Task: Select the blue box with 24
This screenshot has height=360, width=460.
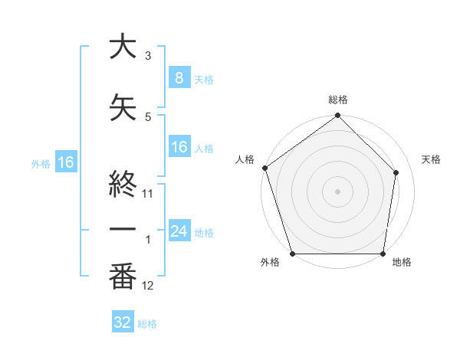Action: click(179, 231)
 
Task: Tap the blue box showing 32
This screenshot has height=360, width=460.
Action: click(123, 322)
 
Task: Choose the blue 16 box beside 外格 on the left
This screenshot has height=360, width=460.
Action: click(65, 162)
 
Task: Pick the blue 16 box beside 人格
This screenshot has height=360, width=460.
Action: click(179, 147)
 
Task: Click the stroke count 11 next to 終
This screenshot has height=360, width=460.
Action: click(148, 194)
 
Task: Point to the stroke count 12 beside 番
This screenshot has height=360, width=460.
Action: click(148, 286)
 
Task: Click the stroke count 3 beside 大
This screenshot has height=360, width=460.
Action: click(148, 56)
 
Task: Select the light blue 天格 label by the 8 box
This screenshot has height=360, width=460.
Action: click(204, 79)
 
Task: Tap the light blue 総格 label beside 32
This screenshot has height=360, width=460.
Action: click(147, 324)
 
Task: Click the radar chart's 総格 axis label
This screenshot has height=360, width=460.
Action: click(337, 100)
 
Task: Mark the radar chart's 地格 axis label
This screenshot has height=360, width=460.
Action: click(402, 263)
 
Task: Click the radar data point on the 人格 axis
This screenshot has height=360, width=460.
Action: click(264, 169)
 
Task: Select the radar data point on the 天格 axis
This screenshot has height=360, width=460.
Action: click(396, 173)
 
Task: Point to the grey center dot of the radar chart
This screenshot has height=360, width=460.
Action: click(337, 191)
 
